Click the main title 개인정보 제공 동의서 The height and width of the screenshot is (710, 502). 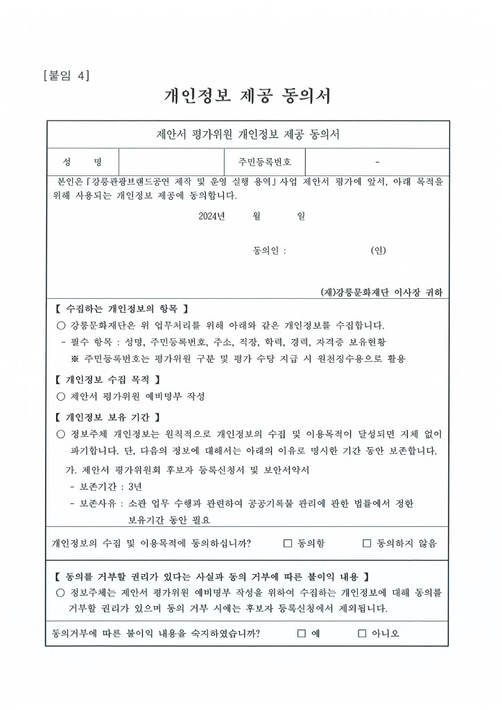coord(248,96)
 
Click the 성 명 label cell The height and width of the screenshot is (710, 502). coord(83,162)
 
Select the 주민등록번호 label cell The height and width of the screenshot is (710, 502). coord(264,162)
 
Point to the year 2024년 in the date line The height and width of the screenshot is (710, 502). coord(211,216)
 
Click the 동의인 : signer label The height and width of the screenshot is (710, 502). coord(270,251)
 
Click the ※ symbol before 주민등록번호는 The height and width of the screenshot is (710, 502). coord(75,359)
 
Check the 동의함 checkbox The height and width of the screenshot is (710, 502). coord(288,544)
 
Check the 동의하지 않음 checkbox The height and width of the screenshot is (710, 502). coord(367,544)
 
